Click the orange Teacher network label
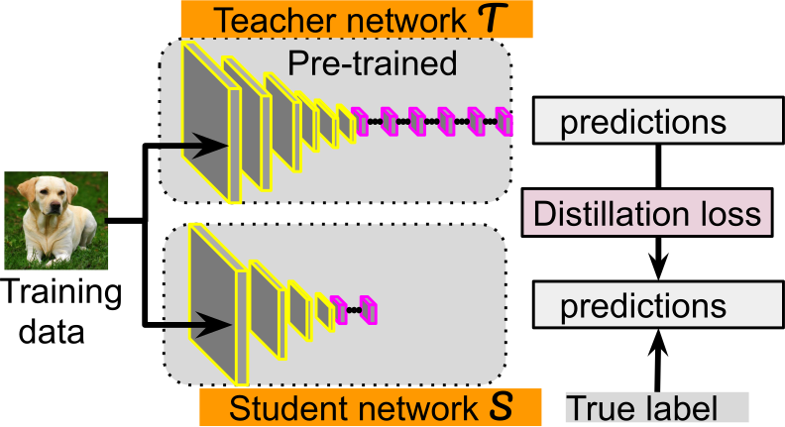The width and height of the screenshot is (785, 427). coord(357,19)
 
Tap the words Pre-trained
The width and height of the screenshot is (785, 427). coord(372,65)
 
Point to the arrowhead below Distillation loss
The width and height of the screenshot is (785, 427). coord(655,267)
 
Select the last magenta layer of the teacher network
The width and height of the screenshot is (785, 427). coord(505,122)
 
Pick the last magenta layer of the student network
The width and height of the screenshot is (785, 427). coord(369,310)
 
